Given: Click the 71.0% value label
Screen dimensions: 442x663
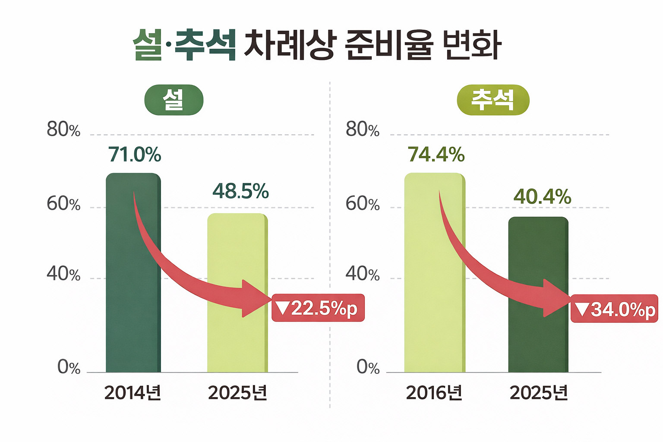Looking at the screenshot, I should (x=135, y=155).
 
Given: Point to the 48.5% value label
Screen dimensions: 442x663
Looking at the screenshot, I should (x=240, y=191).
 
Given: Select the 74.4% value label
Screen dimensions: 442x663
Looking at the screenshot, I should (x=436, y=155).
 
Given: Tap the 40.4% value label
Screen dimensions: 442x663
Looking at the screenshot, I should (x=542, y=197).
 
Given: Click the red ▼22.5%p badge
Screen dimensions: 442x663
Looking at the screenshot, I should (x=318, y=308).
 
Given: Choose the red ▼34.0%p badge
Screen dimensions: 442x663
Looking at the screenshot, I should (x=615, y=309).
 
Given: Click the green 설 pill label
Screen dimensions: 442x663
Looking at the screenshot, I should (x=174, y=100).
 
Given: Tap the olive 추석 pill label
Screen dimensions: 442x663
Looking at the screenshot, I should (x=493, y=100).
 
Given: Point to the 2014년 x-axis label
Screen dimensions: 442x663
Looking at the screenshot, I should (x=133, y=393).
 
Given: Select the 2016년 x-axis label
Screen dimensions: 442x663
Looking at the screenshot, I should (x=434, y=393).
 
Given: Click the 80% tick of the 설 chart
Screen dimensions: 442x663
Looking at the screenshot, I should (x=63, y=129).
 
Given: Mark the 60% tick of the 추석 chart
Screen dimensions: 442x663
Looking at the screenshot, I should (x=363, y=204).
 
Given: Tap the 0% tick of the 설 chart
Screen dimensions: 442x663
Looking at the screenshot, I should (x=69, y=367).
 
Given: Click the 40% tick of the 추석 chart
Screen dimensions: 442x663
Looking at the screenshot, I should (x=363, y=274).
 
